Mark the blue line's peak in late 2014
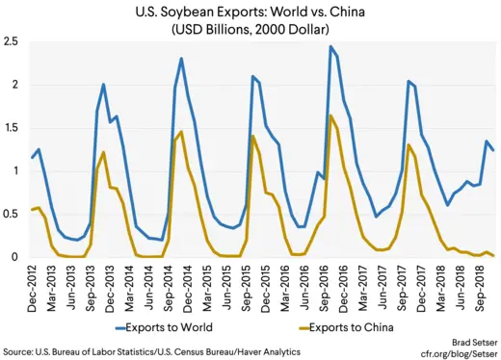[x=181, y=59]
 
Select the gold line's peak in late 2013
[x=103, y=152]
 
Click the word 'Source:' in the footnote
[x=18, y=353]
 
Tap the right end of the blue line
[x=493, y=150]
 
